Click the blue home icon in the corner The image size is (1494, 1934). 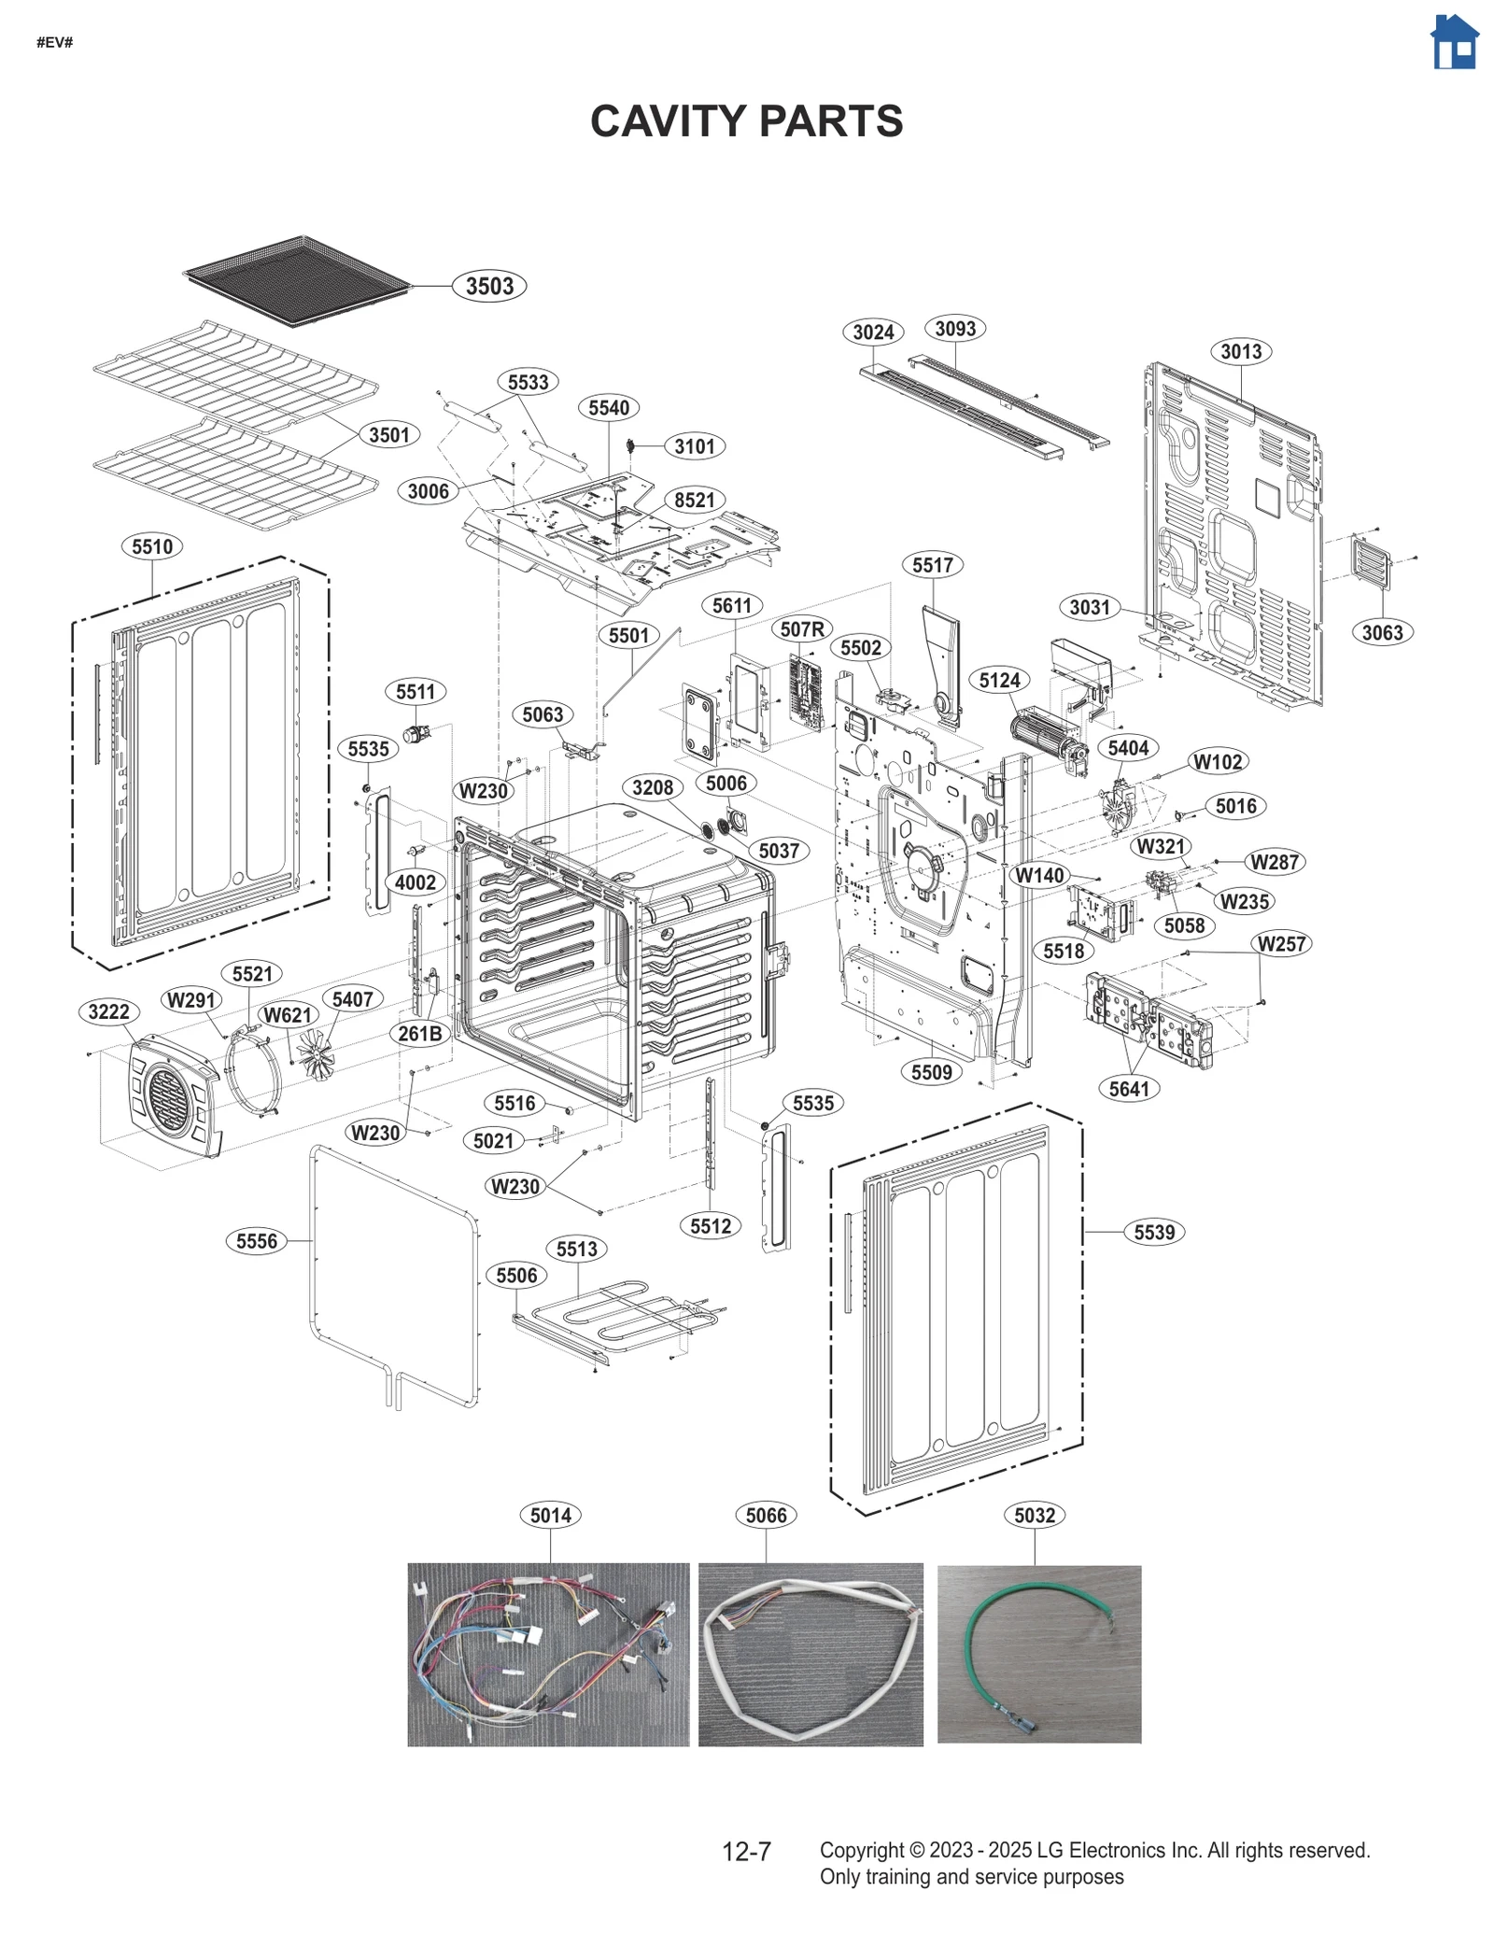coord(1454,43)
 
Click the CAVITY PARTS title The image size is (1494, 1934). coord(746,121)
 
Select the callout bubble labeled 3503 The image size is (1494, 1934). coord(489,286)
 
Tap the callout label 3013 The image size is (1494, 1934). coord(1241,352)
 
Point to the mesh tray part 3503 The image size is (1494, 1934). coord(297,280)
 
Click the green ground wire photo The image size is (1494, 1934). coord(1038,1654)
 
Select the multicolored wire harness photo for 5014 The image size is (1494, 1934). coord(548,1654)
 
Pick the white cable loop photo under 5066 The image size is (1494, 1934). coord(810,1654)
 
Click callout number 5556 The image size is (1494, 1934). coord(256,1241)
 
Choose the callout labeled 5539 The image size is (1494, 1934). coord(1154,1233)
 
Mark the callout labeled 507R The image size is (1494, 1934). coord(802,629)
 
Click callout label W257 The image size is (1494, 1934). coord(1281,944)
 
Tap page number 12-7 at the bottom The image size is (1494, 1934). coord(746,1852)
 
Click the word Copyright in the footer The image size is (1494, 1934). coord(862,1850)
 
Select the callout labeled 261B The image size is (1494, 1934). coord(419,1034)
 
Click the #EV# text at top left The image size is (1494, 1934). coord(54,42)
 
